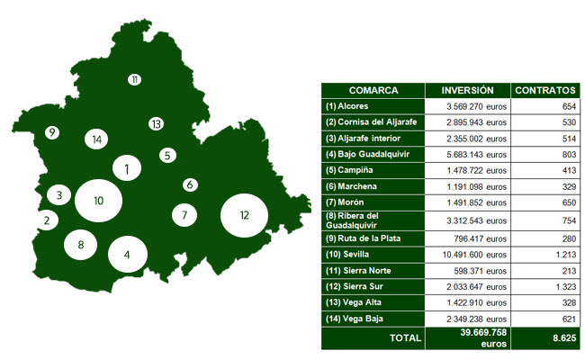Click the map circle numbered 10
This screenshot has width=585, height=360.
coord(99,200)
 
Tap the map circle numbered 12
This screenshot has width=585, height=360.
coord(245,215)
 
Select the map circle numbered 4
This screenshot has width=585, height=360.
coord(127,254)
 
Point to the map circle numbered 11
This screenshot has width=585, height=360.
coord(134,79)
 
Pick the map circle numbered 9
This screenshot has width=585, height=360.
coord(52,132)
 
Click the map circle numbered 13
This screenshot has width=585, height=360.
coord(156,123)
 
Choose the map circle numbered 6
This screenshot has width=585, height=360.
coord(189,184)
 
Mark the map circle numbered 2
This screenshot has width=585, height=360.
coord(46,219)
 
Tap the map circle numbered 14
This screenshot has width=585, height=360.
coord(96,139)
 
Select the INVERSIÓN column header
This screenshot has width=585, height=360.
coord(467,91)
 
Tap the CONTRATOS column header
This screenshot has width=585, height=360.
coord(544,91)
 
